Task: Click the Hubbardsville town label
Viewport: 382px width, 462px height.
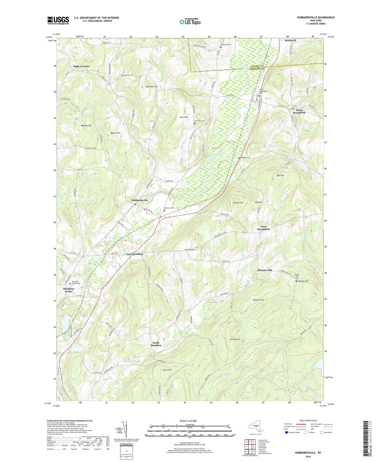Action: click(139, 200)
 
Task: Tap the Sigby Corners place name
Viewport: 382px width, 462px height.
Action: click(81, 66)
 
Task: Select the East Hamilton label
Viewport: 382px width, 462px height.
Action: click(135, 254)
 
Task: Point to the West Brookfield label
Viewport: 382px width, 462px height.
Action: click(263, 228)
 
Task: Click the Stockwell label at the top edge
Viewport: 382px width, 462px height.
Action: click(290, 41)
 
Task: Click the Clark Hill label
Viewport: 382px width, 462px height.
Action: click(167, 370)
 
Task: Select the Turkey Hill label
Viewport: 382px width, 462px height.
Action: click(238, 203)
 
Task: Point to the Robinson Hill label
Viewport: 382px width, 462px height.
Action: click(152, 87)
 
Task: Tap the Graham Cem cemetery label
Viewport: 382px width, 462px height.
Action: click(168, 208)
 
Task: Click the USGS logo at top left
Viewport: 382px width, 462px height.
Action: click(58, 20)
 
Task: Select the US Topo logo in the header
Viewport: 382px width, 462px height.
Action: click(190, 22)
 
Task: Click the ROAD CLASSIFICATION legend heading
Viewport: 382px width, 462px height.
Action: click(308, 420)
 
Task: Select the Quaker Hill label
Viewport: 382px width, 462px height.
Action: click(303, 281)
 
